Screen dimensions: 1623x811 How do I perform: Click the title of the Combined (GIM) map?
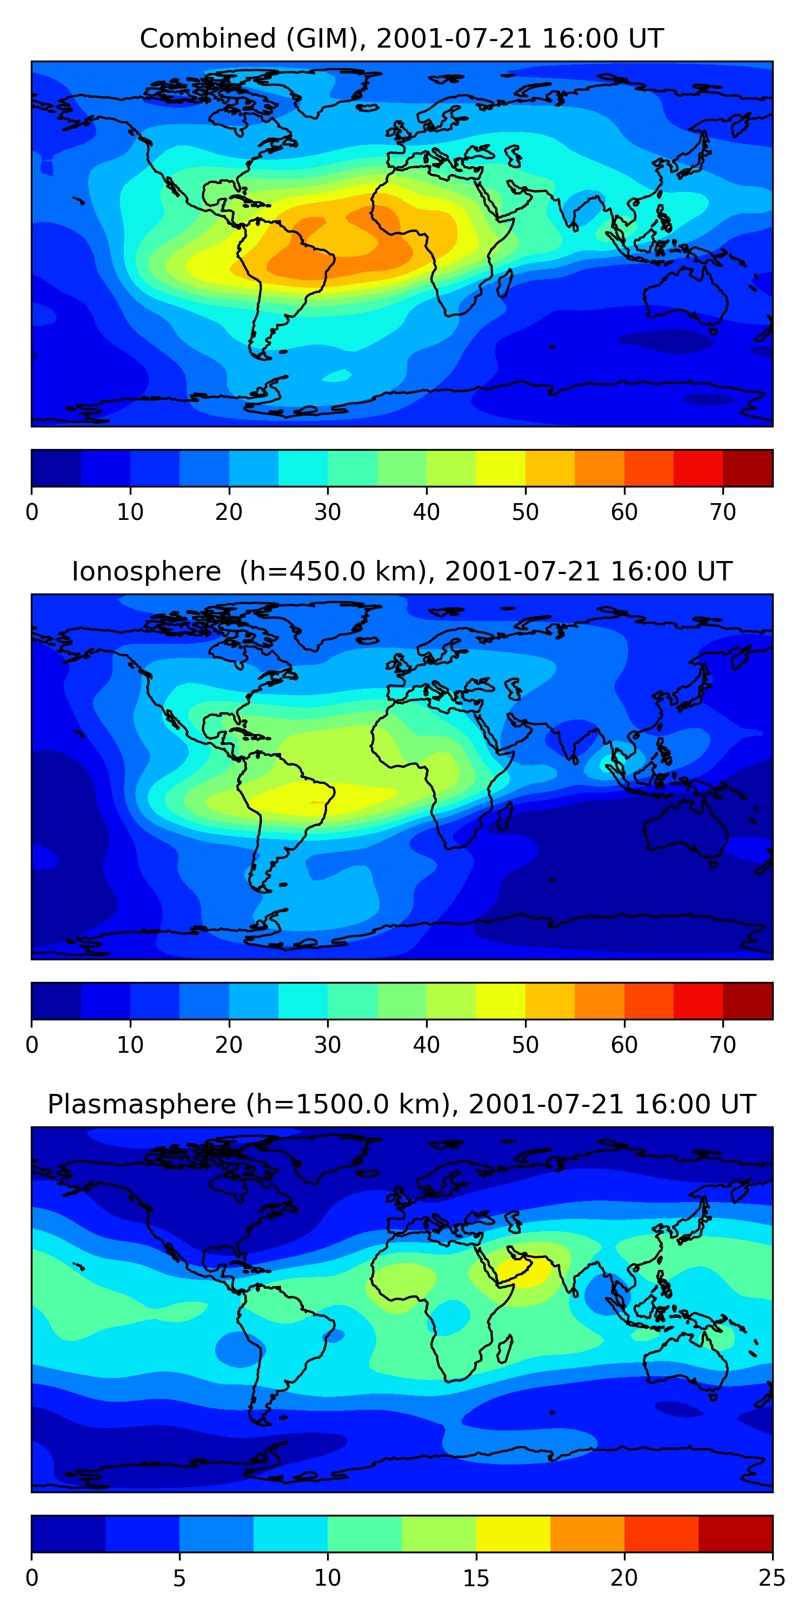coord(401,39)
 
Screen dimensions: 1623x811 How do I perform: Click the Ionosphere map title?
coord(401,572)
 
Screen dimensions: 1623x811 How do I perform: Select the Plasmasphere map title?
coord(401,1105)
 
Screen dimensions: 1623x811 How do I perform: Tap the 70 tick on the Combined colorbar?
coord(723,512)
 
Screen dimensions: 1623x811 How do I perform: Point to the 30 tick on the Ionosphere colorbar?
coord(328,1045)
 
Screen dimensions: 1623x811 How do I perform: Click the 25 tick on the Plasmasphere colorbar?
coord(772,1578)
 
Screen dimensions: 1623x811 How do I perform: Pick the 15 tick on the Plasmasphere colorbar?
coord(476,1578)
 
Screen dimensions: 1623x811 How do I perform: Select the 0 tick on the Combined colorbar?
coord(32,512)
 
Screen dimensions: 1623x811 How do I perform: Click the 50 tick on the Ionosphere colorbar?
coord(525,1045)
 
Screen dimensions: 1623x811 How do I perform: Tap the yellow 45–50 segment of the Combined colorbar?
coord(501,468)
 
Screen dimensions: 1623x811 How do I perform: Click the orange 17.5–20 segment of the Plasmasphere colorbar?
coord(587,1534)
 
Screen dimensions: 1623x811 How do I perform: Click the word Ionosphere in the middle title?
coord(146,572)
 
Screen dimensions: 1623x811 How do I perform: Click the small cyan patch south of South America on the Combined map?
coord(337,376)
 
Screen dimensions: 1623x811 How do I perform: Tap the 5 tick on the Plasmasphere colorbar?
coord(180,1578)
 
